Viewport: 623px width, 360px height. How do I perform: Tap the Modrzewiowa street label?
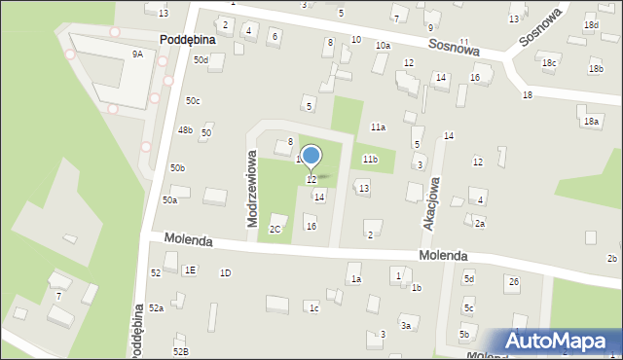252,188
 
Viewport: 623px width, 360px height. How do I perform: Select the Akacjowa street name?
432,202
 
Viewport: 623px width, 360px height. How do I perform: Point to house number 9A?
137,54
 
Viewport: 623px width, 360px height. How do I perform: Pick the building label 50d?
201,60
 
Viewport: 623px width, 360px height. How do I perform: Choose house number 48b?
185,129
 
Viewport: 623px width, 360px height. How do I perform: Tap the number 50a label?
169,199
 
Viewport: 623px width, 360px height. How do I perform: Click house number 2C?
275,229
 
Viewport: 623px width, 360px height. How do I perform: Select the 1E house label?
190,270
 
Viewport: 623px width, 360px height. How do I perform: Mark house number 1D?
225,272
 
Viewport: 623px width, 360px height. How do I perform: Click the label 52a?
156,307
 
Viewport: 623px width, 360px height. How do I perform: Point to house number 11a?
378,127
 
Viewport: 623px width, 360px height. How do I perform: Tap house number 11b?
370,159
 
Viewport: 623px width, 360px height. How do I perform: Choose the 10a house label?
384,46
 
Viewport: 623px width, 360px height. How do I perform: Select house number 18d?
591,24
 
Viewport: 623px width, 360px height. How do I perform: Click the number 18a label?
590,121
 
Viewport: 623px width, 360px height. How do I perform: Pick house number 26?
513,281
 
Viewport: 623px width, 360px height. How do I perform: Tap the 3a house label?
406,325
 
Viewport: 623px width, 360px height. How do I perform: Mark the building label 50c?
193,101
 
